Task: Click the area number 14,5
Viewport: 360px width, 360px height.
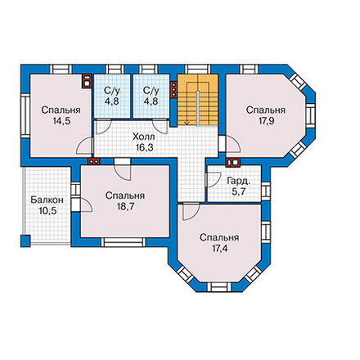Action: tap(61, 121)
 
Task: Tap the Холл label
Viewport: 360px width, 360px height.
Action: tap(144, 137)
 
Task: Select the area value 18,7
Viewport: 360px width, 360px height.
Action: tap(125, 206)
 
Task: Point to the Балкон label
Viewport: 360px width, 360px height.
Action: tap(47, 200)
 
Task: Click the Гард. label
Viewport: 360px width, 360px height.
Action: tap(239, 181)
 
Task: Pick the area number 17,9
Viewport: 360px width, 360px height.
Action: tap(266, 121)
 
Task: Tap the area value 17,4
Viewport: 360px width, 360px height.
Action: tap(219, 249)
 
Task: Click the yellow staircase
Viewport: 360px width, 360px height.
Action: tap(198, 100)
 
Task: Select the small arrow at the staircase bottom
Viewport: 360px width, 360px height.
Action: tap(187, 123)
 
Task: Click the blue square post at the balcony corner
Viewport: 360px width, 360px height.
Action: tap(25, 241)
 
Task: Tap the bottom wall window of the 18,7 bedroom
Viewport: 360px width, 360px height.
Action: tap(124, 242)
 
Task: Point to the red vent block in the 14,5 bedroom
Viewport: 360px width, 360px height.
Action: tap(86, 81)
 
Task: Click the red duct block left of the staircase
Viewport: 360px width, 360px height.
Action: tap(173, 89)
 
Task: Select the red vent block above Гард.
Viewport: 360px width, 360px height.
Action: tap(232, 163)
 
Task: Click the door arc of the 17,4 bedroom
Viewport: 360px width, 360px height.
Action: tap(191, 212)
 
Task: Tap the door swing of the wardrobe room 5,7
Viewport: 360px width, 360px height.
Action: tap(214, 180)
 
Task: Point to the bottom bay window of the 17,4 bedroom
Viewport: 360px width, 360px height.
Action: tap(219, 287)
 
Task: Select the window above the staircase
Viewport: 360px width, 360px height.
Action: tap(198, 69)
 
